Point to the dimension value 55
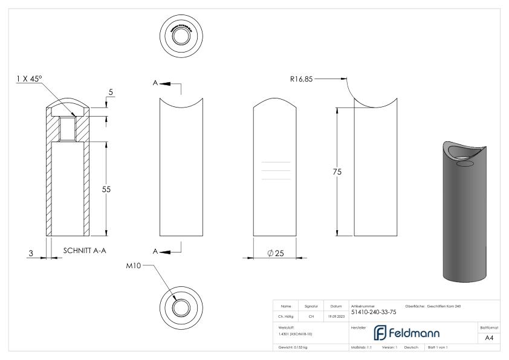(106, 189)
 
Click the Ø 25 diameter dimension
(276, 253)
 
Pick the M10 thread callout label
(141, 266)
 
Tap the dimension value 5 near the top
(111, 92)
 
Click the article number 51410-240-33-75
(374, 312)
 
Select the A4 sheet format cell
(490, 338)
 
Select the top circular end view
(181, 34)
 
